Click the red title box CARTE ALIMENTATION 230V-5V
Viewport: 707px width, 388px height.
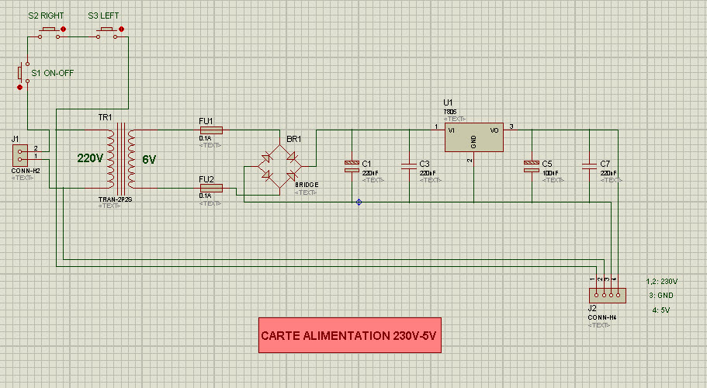pos(349,335)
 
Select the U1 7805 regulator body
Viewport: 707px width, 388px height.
pos(473,137)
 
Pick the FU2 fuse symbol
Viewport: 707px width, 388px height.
pos(211,187)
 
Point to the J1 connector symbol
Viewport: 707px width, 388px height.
pos(19,154)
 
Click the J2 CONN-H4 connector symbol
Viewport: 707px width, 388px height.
pos(606,294)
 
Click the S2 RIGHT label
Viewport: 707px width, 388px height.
pos(44,15)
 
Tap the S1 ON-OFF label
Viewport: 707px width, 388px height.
pos(51,73)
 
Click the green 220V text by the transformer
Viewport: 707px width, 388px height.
pos(90,158)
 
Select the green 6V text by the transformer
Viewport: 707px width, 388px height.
pos(149,160)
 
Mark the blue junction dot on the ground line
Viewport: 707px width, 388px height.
pos(359,203)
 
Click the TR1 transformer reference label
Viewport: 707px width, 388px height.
pos(104,117)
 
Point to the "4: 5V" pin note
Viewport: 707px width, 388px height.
pos(662,310)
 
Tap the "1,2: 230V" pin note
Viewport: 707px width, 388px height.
pos(662,281)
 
